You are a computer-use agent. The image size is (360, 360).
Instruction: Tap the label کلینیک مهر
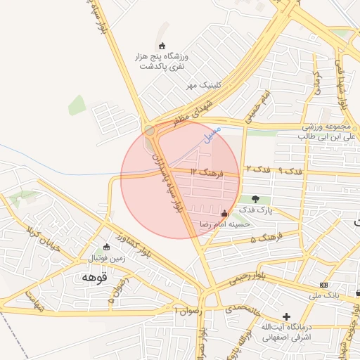[x=199, y=85]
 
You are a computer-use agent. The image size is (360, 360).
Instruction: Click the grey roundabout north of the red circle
[x=150, y=130]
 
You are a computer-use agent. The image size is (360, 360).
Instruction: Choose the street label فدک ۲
[x=257, y=169]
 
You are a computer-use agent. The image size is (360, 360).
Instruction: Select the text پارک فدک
[x=255, y=210]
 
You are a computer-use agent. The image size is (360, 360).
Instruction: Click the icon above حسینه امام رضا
[x=224, y=213]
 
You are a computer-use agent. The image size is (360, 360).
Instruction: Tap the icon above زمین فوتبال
[x=106, y=247]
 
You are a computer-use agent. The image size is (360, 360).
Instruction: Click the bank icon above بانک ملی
[x=323, y=285]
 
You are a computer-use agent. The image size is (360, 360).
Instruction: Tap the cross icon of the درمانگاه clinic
[x=285, y=316]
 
